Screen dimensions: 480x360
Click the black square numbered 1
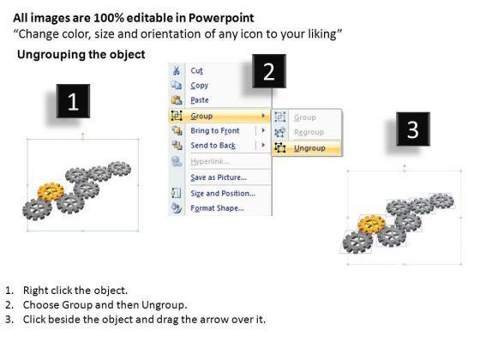[x=73, y=101]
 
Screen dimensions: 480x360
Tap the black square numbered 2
[x=269, y=71]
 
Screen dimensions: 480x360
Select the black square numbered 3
[x=413, y=129]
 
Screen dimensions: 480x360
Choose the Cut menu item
[x=196, y=70]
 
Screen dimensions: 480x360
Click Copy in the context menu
[x=199, y=86]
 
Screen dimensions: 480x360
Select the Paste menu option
[x=200, y=100]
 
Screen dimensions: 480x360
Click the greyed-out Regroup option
[x=309, y=132]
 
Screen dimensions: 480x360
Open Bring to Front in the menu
[x=215, y=130]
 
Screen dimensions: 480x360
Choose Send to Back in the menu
[x=213, y=146]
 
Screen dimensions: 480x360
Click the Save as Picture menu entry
[x=219, y=177]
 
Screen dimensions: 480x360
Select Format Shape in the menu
[x=218, y=208]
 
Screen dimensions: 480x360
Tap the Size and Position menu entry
[x=223, y=194]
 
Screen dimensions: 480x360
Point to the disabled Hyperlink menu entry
[x=210, y=161]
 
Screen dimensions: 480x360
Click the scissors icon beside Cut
[x=177, y=70]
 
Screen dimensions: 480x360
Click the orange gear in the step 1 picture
[x=51, y=192]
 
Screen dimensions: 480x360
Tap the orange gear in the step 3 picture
[x=372, y=224]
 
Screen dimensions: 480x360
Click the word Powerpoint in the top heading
[x=221, y=18]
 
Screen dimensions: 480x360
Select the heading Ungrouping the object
[x=81, y=55]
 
